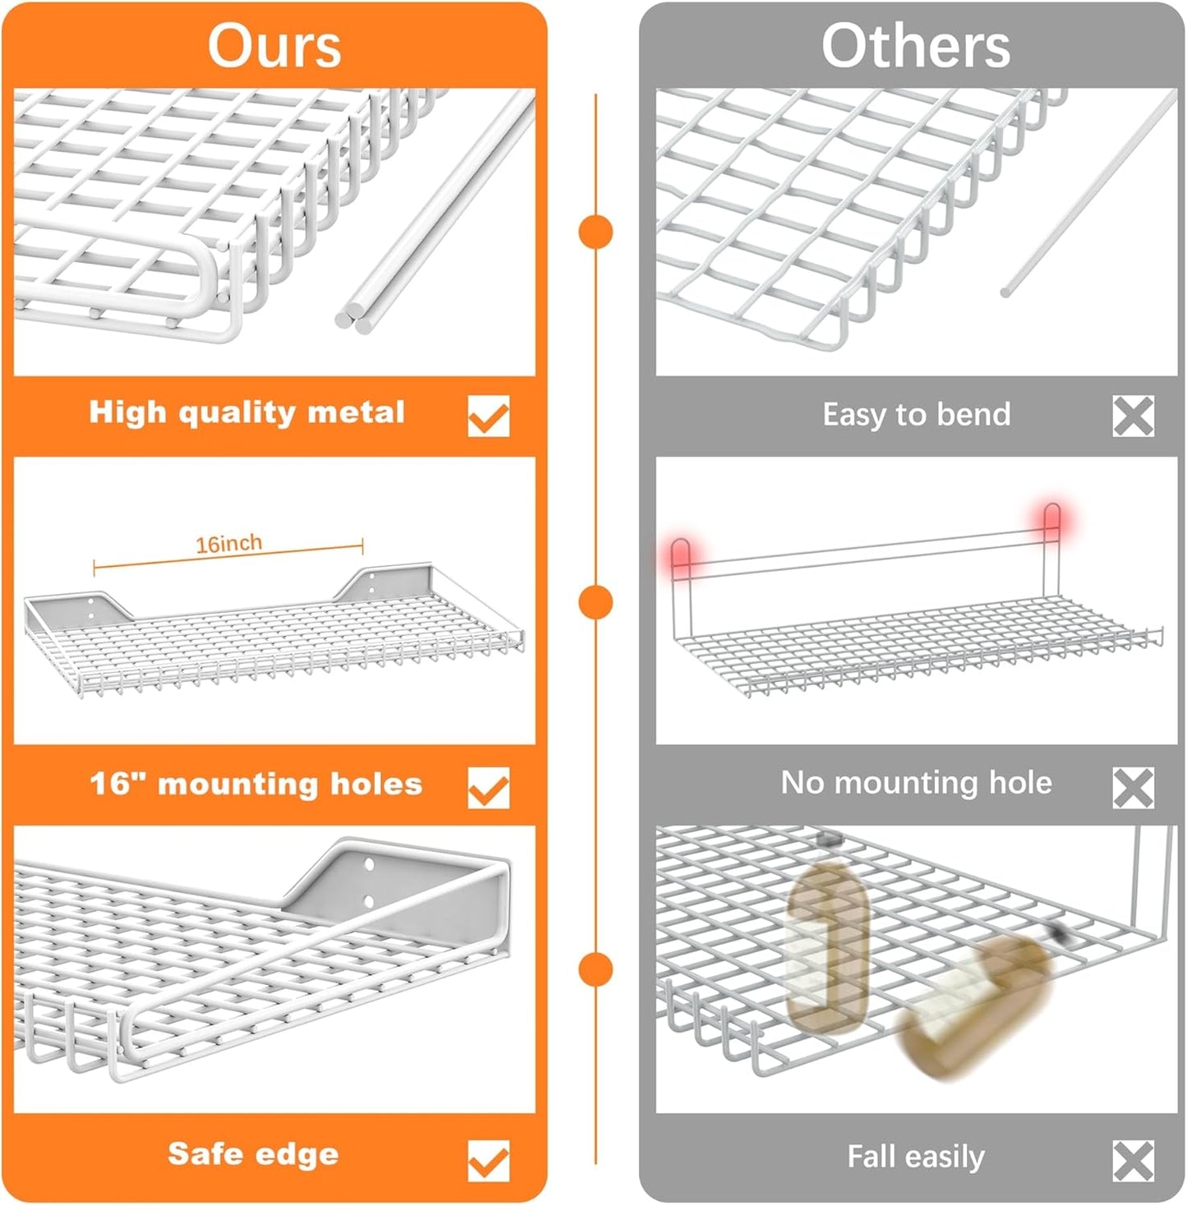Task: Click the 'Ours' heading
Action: point(274,45)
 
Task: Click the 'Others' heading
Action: point(915,45)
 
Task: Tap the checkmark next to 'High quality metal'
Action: point(488,416)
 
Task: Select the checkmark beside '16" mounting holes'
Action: point(488,787)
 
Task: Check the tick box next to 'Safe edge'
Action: point(488,1160)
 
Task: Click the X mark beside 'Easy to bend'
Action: point(1133,416)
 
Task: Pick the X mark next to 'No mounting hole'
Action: point(1133,787)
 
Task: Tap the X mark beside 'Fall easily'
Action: point(1133,1160)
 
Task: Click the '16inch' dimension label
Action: point(228,544)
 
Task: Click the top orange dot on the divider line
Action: point(596,232)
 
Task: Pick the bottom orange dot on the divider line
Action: point(596,969)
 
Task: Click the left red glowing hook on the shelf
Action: point(680,555)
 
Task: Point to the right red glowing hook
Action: point(1051,520)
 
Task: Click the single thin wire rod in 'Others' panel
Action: point(1088,193)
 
